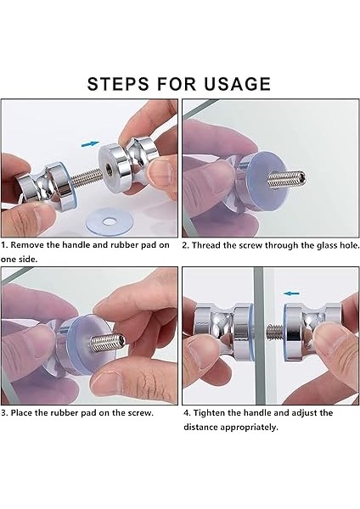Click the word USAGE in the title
tap(237, 84)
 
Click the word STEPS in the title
tap(119, 84)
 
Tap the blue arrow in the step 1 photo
tap(90, 143)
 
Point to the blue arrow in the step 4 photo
tap(291, 294)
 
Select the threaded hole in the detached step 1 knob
tap(108, 167)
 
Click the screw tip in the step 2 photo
tap(302, 178)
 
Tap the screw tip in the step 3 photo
tap(121, 339)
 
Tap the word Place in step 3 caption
tap(21, 413)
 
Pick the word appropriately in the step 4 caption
tap(249, 428)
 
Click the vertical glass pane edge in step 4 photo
tap(259, 336)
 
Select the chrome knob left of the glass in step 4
tap(223, 331)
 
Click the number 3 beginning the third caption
tap(3, 413)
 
